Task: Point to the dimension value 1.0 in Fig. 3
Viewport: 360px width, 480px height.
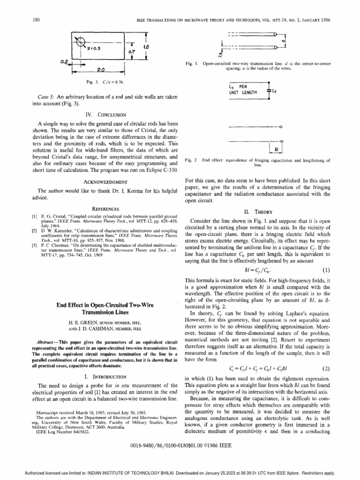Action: [x=146, y=48]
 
